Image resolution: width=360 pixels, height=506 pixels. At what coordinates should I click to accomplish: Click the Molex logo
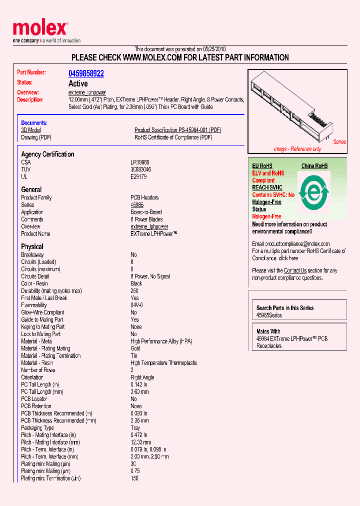click(40, 30)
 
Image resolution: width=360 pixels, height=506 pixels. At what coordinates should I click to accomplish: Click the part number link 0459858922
click(86, 73)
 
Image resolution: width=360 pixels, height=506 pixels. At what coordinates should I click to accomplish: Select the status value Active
click(78, 83)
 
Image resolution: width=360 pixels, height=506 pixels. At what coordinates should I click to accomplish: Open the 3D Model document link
click(30, 130)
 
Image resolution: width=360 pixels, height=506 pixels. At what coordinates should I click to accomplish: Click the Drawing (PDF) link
click(36, 137)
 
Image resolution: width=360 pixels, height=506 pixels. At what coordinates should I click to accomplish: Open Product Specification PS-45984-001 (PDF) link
click(177, 130)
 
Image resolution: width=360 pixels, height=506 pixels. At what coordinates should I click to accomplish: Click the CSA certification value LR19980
click(139, 162)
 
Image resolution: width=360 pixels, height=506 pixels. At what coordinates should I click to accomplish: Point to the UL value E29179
click(139, 176)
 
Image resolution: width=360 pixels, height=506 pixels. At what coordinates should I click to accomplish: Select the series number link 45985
click(137, 205)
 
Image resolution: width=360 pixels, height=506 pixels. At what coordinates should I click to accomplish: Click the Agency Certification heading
click(47, 154)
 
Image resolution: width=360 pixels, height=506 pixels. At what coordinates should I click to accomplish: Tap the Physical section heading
click(32, 246)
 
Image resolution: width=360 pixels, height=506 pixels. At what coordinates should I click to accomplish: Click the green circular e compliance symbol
click(314, 191)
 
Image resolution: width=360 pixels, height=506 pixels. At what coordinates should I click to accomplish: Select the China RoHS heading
click(314, 166)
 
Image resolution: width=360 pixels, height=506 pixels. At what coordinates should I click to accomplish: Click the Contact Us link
click(295, 270)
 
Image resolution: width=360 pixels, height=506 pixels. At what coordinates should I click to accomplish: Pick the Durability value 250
click(134, 290)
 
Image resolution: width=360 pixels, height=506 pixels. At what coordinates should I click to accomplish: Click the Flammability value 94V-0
click(137, 305)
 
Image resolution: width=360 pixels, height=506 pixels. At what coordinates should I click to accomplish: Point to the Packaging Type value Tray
click(135, 428)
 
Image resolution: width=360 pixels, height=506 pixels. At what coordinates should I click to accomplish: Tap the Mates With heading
click(268, 331)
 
